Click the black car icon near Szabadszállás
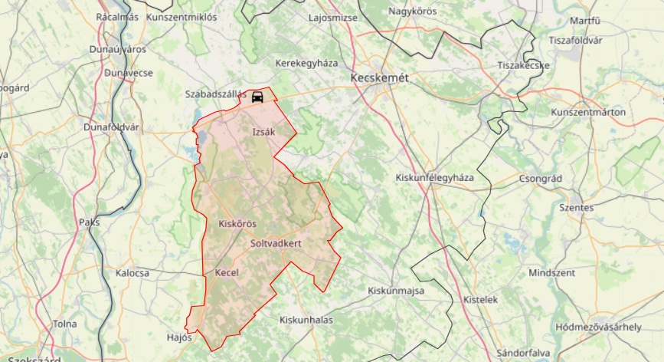258,97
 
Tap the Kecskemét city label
379,78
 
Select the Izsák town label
263,132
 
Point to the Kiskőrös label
237,224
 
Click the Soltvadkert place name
276,243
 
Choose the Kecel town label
227,272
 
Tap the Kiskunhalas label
306,320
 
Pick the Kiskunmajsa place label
396,291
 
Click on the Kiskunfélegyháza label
435,177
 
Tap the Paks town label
89,222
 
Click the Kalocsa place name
132,273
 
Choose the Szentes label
576,207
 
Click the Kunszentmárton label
588,113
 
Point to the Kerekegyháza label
306,64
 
